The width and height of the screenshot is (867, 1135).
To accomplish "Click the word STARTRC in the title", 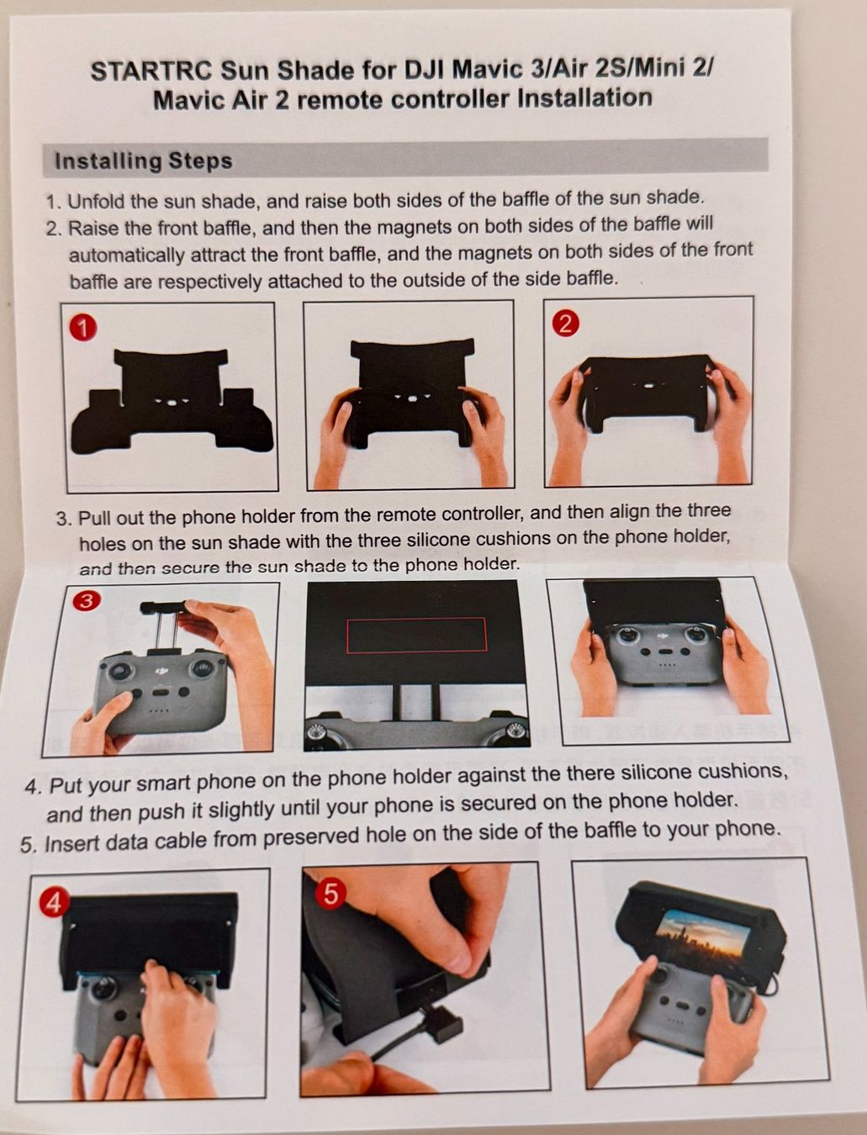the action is (x=151, y=71).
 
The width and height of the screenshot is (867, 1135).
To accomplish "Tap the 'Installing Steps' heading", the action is (x=144, y=161).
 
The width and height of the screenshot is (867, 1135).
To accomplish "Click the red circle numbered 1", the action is (x=82, y=328).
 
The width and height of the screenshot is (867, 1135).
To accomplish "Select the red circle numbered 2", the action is (x=566, y=324).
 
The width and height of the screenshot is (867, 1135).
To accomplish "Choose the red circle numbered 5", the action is (x=330, y=894).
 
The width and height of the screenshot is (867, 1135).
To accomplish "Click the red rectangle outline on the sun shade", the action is (x=417, y=635).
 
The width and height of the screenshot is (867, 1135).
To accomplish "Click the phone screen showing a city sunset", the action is (x=702, y=940).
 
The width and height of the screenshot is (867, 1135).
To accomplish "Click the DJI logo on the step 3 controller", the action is (x=162, y=672).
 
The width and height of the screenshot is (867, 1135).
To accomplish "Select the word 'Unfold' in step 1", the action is (x=96, y=201).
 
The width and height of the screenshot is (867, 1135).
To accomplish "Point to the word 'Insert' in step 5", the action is (x=71, y=843).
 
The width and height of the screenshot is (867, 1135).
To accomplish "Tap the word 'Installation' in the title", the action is (x=584, y=98).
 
